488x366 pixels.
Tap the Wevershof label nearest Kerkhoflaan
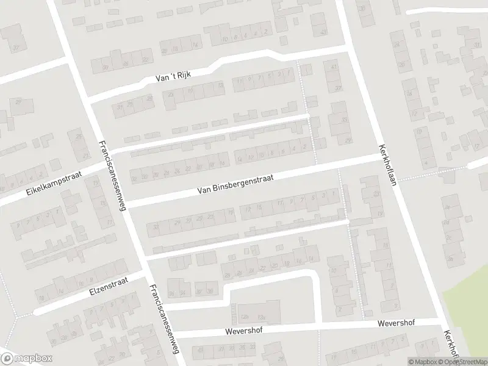click(x=396, y=323)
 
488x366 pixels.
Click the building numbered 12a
click(x=261, y=317)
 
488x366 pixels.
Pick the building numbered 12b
click(x=245, y=317)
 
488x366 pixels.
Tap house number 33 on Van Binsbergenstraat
click(x=157, y=228)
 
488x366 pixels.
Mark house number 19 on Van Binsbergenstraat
click(x=230, y=212)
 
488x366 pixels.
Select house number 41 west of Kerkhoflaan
click(x=334, y=66)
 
